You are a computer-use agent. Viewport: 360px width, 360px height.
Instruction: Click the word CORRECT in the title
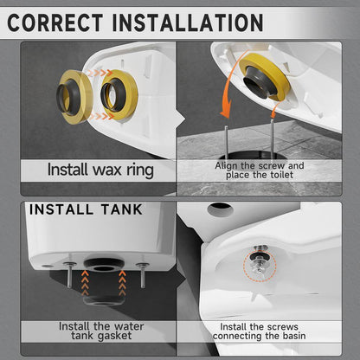(x=55, y=22)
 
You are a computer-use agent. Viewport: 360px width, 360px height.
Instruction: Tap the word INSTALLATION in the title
(x=188, y=22)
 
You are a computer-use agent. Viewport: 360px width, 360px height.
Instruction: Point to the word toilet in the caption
(x=281, y=175)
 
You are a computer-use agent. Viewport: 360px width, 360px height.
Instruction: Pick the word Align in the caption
(x=226, y=166)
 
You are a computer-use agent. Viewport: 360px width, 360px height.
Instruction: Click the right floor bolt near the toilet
(x=272, y=136)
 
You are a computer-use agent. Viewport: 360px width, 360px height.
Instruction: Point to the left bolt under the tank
(x=69, y=274)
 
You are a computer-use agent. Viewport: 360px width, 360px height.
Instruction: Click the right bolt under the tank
(x=142, y=275)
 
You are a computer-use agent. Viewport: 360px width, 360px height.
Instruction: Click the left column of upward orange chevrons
(x=85, y=283)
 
